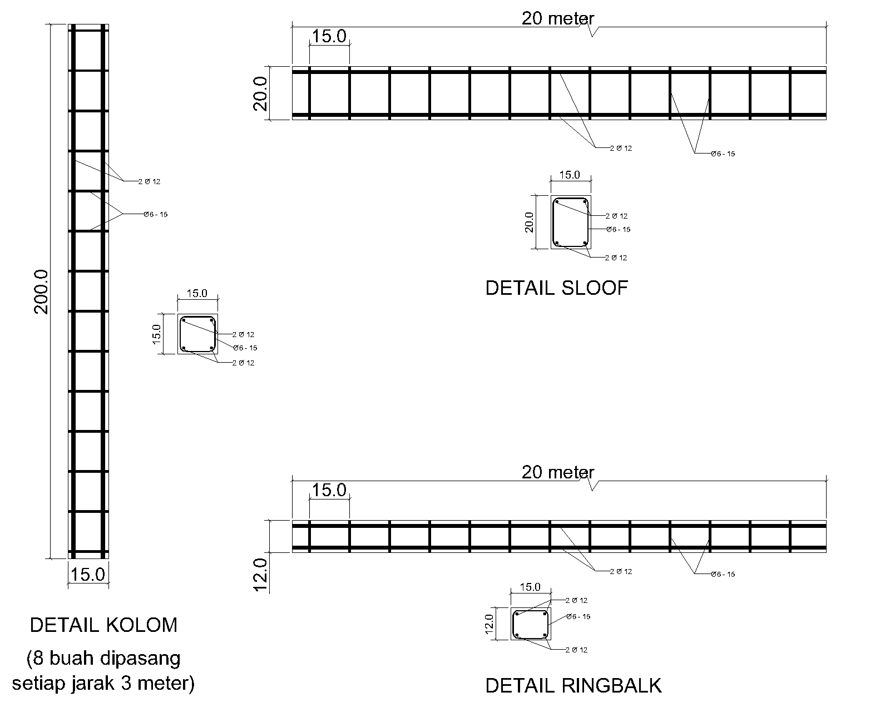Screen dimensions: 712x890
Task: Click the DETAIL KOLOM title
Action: (x=103, y=625)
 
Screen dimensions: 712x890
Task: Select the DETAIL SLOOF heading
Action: (x=556, y=288)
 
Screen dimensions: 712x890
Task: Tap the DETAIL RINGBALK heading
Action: (x=573, y=685)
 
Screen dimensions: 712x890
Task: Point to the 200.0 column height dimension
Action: (x=42, y=291)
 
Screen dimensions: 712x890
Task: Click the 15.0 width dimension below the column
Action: (x=88, y=575)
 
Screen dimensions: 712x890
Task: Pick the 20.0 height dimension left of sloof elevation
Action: (x=261, y=93)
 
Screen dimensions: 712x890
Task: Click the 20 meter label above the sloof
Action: (x=557, y=19)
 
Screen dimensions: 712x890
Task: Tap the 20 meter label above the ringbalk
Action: (x=557, y=472)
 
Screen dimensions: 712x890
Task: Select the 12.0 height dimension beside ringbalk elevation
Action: (x=261, y=575)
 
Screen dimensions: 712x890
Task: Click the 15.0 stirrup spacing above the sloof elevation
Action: (x=329, y=37)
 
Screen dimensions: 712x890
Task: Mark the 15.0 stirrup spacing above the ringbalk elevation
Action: (x=329, y=490)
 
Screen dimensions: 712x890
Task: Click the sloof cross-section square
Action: (x=571, y=222)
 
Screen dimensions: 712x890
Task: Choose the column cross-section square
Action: (x=197, y=334)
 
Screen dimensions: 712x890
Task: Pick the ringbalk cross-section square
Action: (x=530, y=624)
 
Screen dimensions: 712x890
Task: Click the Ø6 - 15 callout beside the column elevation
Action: (x=155, y=215)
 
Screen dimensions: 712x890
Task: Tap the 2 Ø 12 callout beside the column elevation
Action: (x=149, y=182)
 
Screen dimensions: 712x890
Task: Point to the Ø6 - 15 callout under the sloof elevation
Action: (x=723, y=154)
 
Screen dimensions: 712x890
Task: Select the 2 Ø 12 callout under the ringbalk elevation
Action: (x=621, y=572)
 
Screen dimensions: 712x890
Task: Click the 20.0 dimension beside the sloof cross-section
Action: (x=529, y=222)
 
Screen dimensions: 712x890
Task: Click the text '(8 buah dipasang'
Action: (x=103, y=659)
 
